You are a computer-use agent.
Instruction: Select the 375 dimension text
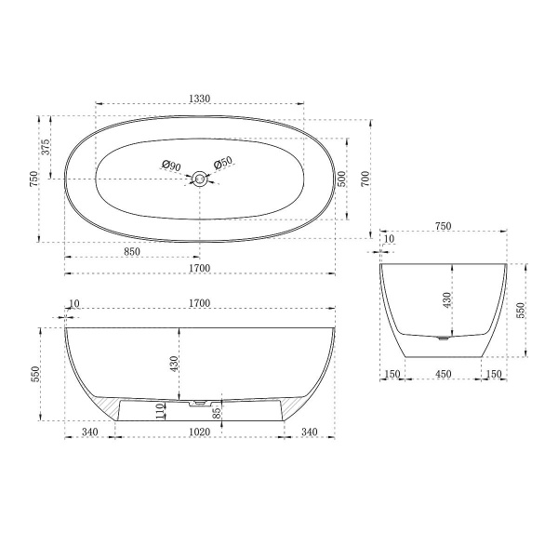[x=45, y=147]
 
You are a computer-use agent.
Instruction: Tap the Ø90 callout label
[x=170, y=165]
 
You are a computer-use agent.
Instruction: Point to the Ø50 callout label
[x=223, y=165]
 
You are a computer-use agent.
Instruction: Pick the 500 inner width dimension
[x=341, y=179]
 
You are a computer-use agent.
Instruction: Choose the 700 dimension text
[x=365, y=178]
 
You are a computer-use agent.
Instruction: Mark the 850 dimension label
[x=132, y=252]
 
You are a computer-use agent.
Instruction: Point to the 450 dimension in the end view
[x=445, y=374]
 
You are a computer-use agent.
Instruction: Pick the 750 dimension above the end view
[x=444, y=225]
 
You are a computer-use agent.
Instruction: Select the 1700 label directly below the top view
[x=199, y=269]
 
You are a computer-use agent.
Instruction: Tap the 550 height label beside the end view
[x=522, y=310]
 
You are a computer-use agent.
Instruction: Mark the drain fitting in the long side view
[x=197, y=404]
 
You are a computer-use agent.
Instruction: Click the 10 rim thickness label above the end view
[x=388, y=239]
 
